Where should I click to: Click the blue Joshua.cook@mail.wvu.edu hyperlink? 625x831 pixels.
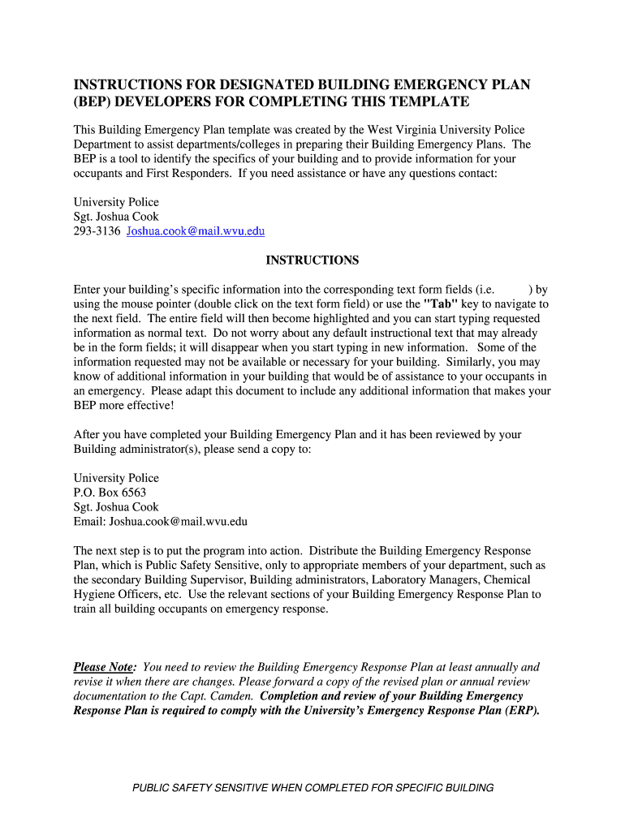coord(196,231)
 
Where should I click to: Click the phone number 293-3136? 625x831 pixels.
coord(97,231)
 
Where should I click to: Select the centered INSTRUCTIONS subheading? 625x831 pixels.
coord(312,260)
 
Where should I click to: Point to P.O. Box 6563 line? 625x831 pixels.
coord(110,493)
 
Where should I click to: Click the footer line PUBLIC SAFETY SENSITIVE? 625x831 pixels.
coord(312,788)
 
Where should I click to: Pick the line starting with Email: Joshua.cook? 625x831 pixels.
coord(160,522)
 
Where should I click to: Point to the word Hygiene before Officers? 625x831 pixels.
coord(94,594)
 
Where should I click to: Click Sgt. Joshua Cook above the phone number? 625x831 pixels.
coord(116,217)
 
